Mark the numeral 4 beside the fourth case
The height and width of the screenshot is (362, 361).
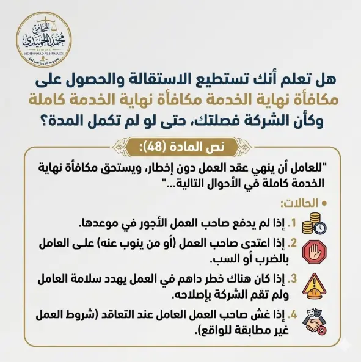click(x=293, y=316)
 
